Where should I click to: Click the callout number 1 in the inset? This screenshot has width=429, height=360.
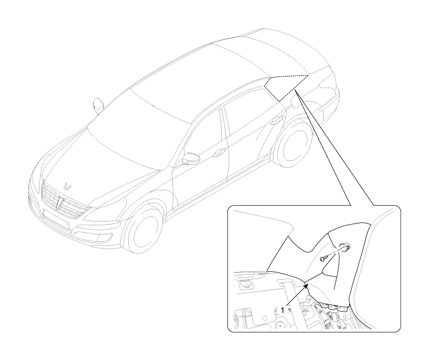pos(283,310)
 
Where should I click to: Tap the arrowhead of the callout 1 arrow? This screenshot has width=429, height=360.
pos(307,286)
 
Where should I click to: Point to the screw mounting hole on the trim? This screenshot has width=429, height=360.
pos(344,247)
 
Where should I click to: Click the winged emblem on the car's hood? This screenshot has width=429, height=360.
pos(67,186)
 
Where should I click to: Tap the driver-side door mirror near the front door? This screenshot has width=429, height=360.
pos(191,159)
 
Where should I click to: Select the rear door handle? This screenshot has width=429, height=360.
pos(276,120)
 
